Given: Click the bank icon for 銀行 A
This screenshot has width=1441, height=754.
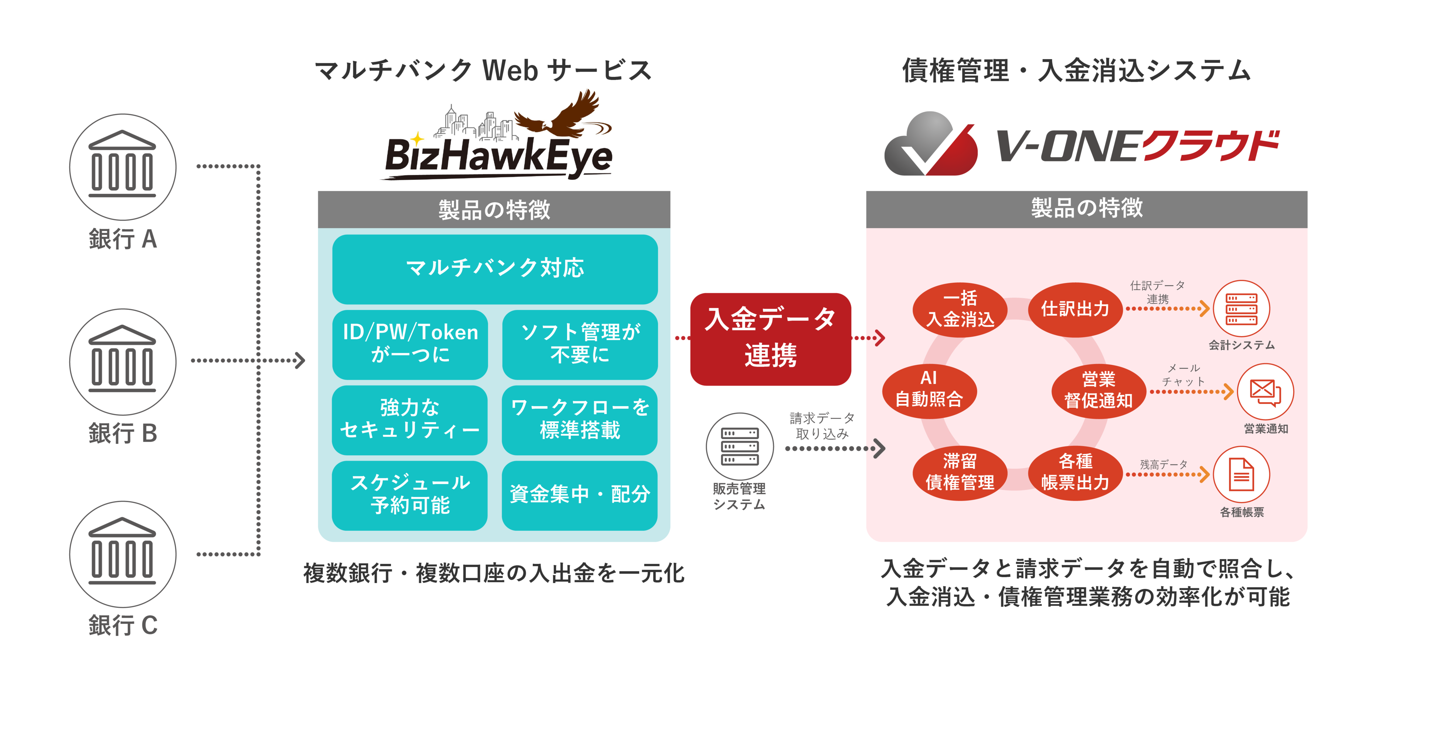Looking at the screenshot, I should click(x=123, y=167).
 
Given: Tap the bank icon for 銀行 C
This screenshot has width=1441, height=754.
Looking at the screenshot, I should click(x=123, y=553).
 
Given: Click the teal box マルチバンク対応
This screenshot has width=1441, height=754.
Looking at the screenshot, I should click(x=494, y=269).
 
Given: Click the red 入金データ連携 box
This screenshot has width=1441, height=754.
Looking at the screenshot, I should click(x=770, y=339).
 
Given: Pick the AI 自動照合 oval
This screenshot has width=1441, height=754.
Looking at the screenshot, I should click(x=929, y=390).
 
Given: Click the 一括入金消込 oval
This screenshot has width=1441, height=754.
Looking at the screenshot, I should click(x=960, y=309).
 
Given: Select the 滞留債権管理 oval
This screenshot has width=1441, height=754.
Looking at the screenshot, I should click(x=960, y=472).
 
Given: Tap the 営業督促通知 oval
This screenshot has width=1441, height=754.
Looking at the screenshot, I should click(x=1098, y=391).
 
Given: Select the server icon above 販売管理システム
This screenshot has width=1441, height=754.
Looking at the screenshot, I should click(x=739, y=446).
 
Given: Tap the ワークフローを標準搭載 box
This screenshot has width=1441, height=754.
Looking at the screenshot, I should click(x=579, y=419).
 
